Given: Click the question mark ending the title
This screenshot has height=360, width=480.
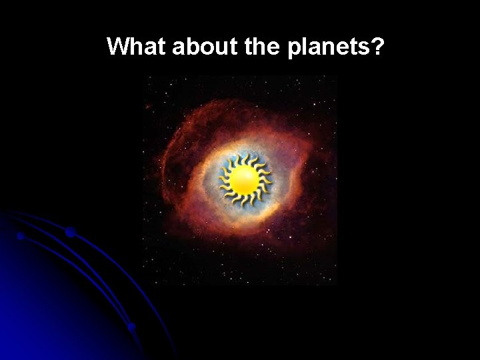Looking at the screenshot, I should tap(378, 47).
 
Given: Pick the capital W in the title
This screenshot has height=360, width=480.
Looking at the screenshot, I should tap(119, 47).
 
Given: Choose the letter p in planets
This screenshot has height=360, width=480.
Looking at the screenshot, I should tap(295, 50).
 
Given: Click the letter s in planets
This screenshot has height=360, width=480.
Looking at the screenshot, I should tap(365, 49).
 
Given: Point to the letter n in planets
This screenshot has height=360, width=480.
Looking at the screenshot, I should tap(330, 49).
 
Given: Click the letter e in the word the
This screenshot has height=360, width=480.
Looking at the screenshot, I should tap(277, 49).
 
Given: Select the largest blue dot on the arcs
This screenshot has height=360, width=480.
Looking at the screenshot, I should tap(70, 232).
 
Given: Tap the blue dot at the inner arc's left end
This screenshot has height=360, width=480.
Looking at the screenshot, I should tap(21, 236).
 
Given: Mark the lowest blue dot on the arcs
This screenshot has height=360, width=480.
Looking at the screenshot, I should tap(132, 327).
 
